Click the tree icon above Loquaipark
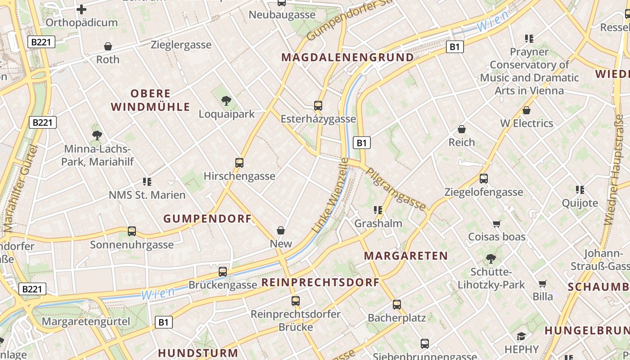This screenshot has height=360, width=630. (x=226, y=101)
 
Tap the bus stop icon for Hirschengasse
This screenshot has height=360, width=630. (x=239, y=163)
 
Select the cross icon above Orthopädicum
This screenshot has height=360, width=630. (x=81, y=9)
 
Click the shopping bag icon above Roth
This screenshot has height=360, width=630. (x=108, y=46)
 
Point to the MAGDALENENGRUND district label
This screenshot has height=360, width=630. (x=347, y=58)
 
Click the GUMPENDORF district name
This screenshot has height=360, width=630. (x=207, y=219)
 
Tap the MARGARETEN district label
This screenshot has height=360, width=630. (x=406, y=256)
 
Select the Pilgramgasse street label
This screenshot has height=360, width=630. (x=396, y=189)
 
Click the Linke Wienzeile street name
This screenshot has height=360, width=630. (x=330, y=195)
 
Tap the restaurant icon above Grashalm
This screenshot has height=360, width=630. (x=378, y=210)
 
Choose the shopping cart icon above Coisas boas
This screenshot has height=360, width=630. (x=497, y=224)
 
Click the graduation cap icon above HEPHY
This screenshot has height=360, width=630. (x=521, y=336)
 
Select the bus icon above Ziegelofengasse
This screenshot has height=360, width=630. (x=484, y=179)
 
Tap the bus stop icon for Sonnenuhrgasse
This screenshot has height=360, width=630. (x=132, y=231)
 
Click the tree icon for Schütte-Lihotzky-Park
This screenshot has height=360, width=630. (x=491, y=259)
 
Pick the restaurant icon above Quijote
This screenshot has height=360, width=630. (x=580, y=190)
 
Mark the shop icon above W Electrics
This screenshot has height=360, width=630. (x=526, y=110)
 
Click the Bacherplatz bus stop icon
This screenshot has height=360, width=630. (x=397, y=305)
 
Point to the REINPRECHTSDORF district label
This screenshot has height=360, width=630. (x=320, y=283)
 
